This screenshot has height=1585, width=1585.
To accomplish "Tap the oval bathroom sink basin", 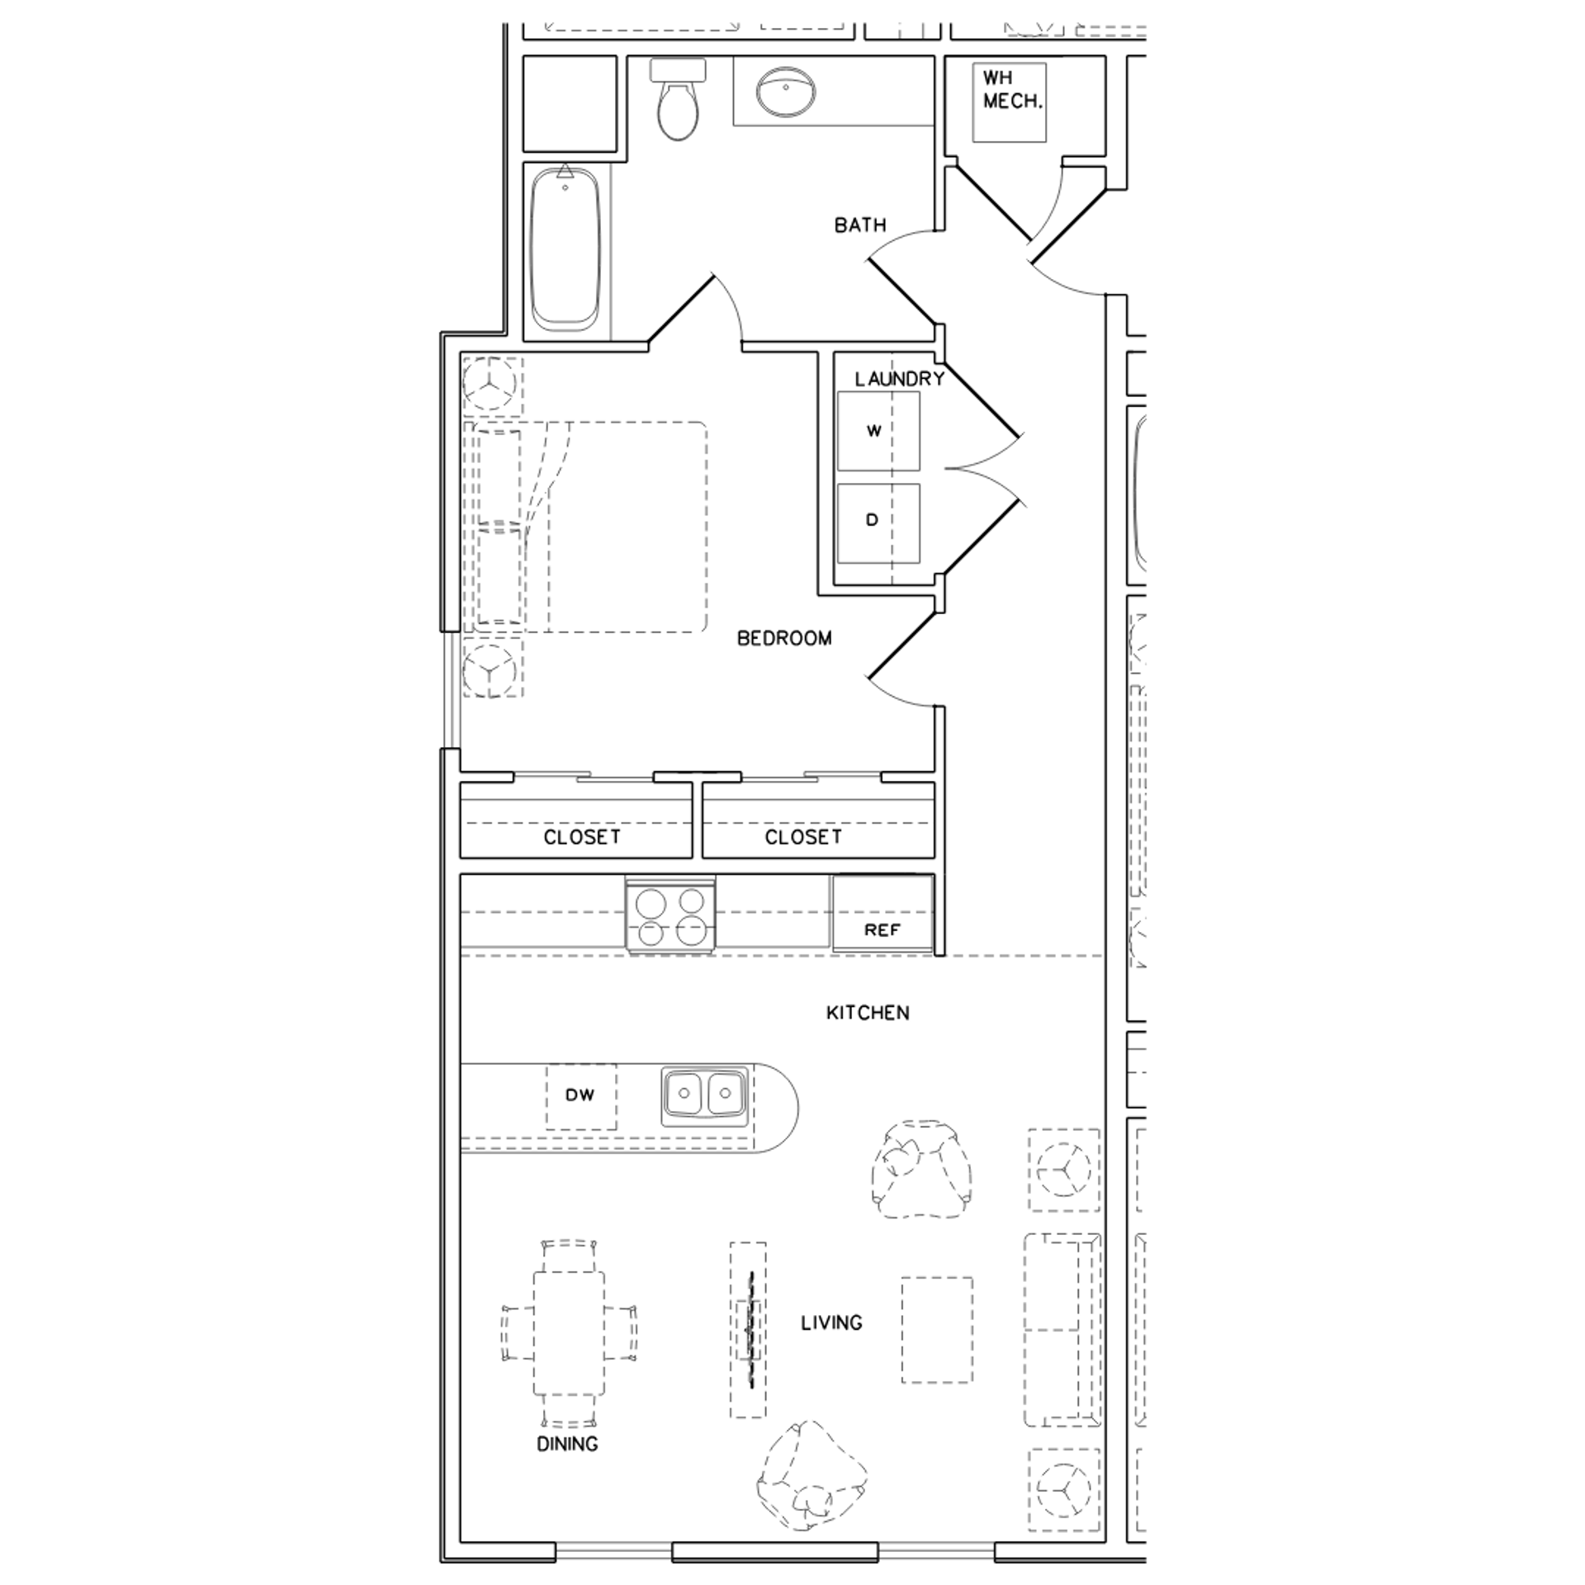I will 786,92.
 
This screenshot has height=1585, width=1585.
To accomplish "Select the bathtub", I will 565,250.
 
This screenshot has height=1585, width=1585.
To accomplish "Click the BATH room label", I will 859,225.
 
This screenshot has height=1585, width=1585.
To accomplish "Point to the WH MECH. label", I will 1010,90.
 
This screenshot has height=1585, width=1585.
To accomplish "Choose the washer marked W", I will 878,431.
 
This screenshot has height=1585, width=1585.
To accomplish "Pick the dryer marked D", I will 878,522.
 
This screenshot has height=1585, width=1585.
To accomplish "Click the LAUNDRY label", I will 899,379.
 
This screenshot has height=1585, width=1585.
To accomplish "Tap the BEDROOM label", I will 784,638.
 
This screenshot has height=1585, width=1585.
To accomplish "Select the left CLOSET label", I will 581,837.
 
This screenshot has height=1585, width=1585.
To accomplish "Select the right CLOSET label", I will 802,837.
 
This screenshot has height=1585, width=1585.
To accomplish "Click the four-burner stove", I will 670,916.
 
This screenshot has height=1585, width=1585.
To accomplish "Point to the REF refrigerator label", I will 882,930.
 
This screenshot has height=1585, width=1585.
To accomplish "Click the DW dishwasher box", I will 580,1095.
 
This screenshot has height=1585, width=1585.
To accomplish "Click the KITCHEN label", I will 868,1013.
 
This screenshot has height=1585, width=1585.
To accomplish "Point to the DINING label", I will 567,1444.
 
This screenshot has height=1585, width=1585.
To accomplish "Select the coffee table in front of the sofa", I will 936,1330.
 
